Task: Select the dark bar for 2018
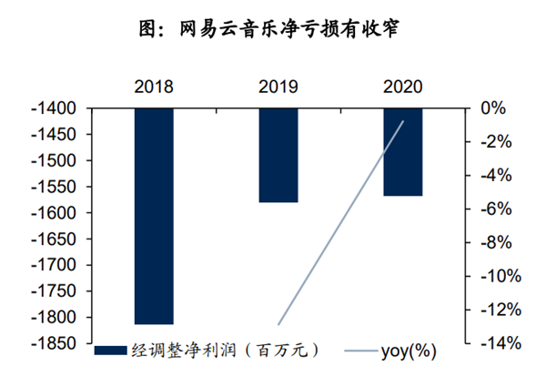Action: pos(153,216)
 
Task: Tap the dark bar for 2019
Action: pos(278,155)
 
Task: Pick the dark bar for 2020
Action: pos(401,152)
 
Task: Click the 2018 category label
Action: pos(153,87)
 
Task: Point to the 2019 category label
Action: pos(278,87)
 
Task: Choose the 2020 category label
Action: pos(401,87)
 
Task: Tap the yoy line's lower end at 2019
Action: pos(278,324)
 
